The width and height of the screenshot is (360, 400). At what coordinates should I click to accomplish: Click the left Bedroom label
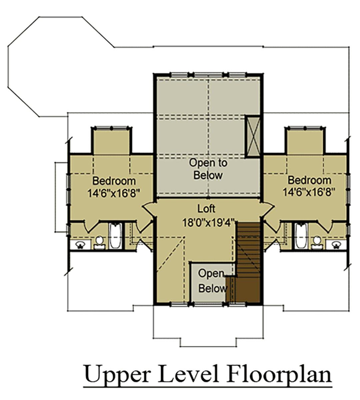(114, 181)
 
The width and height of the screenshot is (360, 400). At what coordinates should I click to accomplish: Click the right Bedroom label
(309, 180)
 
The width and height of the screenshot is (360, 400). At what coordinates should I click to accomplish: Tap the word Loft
(206, 209)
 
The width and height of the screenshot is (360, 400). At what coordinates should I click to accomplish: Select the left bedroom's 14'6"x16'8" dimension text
(113, 193)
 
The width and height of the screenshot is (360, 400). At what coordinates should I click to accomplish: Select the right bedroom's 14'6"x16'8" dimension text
(309, 193)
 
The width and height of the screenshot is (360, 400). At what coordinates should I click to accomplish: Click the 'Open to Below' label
(208, 169)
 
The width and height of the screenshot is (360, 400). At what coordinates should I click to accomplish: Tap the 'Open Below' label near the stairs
(213, 281)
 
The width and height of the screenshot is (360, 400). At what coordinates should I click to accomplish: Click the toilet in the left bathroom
(99, 243)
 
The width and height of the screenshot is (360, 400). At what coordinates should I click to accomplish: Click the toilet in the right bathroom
(317, 243)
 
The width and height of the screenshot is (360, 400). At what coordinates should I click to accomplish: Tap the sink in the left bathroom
(81, 245)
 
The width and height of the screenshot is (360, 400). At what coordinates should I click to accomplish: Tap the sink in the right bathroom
(336, 245)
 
